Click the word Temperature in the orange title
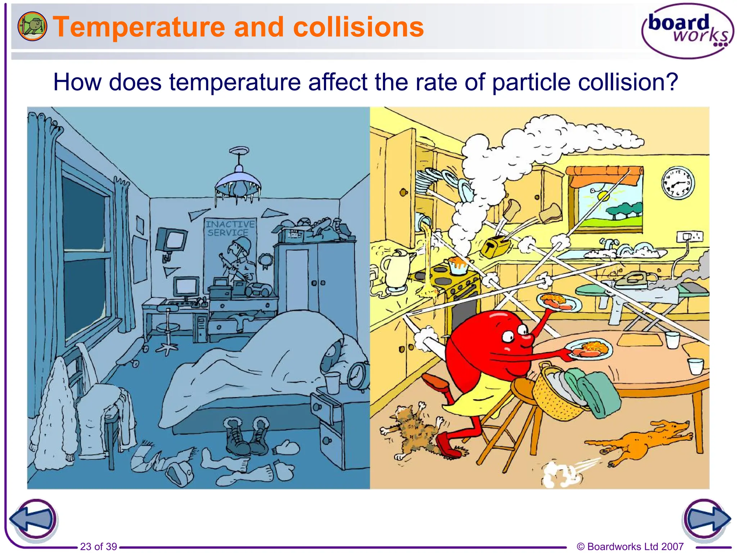coord(139,27)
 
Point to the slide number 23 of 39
coord(98,547)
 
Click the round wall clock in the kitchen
coord(678,183)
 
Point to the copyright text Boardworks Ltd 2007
coord(630,547)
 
